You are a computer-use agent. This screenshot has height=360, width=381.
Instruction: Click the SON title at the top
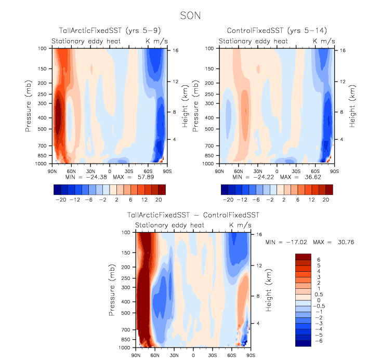[x=190, y=16]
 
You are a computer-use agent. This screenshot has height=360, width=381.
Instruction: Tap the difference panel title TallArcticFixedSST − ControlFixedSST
[x=193, y=215]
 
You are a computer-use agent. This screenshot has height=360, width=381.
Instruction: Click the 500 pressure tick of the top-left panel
[x=42, y=129]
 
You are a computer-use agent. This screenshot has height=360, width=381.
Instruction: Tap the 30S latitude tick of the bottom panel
[x=213, y=355]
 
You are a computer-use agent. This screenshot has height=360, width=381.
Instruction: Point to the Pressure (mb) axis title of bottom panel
[x=112, y=289]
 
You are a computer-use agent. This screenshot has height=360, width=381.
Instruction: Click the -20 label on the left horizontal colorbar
[x=61, y=199]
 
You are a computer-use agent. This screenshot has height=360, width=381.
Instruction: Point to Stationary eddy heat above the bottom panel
[x=170, y=225]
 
